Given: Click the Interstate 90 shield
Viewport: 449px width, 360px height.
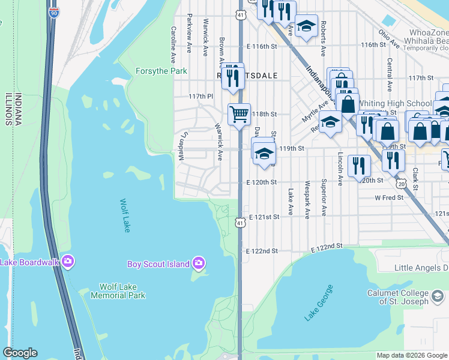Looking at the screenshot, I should [53, 11].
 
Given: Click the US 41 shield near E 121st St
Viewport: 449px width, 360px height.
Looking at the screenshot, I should [240, 223].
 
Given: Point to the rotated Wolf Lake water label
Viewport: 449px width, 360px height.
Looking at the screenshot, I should [125, 217].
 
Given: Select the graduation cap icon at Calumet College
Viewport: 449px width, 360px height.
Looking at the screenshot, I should [438, 296].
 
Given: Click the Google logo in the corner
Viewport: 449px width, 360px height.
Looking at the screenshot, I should [20, 353].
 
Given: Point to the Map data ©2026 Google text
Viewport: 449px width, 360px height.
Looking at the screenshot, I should [411, 355].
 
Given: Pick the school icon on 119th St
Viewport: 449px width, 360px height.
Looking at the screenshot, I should [264, 153].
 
